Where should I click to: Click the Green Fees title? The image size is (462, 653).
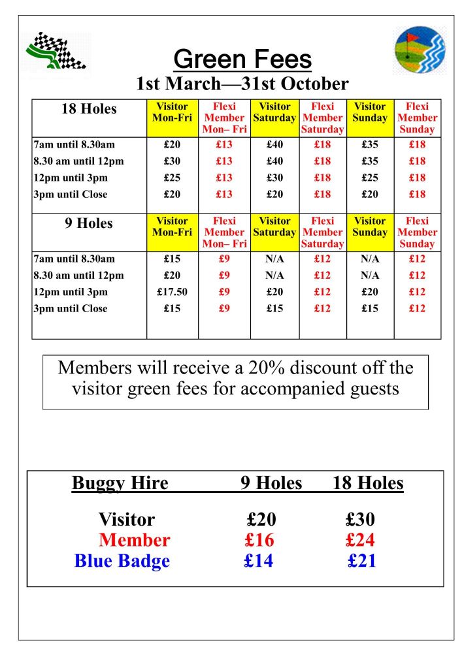(242, 59)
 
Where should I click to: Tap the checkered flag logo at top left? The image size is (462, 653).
(56, 51)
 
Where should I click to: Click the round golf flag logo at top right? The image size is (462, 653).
(420, 52)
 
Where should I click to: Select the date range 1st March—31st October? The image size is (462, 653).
(242, 84)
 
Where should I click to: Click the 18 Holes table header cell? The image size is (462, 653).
(89, 109)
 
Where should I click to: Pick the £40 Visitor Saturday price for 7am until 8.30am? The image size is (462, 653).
(274, 145)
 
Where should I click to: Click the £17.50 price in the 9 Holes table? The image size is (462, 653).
(172, 292)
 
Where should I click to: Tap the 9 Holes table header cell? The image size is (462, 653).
(89, 223)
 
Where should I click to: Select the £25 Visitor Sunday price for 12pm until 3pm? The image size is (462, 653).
(370, 178)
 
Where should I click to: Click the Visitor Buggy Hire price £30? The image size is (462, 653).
(360, 520)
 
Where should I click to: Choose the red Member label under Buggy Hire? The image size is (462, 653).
(134, 540)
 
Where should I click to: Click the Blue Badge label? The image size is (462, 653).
(122, 561)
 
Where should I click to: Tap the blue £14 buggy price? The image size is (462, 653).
(259, 561)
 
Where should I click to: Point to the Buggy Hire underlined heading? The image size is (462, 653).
(120, 483)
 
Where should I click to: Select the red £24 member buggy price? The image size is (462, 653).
(360, 540)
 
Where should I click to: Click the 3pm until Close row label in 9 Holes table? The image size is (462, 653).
(71, 308)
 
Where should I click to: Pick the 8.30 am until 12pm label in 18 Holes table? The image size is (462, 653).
(78, 161)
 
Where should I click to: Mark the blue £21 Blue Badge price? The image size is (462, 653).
(361, 561)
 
